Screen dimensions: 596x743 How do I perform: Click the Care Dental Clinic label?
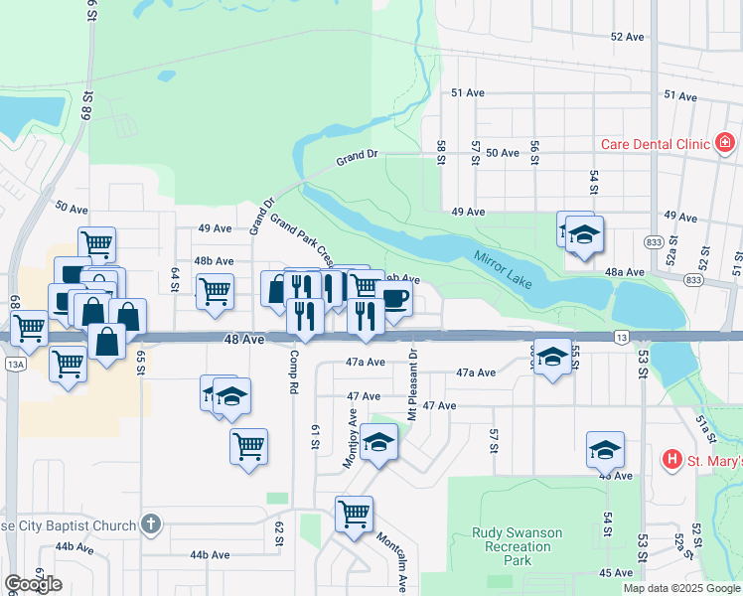coord(655,144)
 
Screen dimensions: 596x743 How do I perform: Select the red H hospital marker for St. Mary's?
coord(672,459)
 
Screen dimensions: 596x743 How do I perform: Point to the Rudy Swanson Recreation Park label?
coord(517,546)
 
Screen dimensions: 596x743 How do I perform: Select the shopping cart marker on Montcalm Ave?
coord(354,514)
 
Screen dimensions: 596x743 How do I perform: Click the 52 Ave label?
coord(628,36)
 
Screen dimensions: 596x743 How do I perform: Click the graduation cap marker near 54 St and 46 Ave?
coord(605,449)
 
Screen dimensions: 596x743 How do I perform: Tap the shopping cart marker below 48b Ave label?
coord(215,291)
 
